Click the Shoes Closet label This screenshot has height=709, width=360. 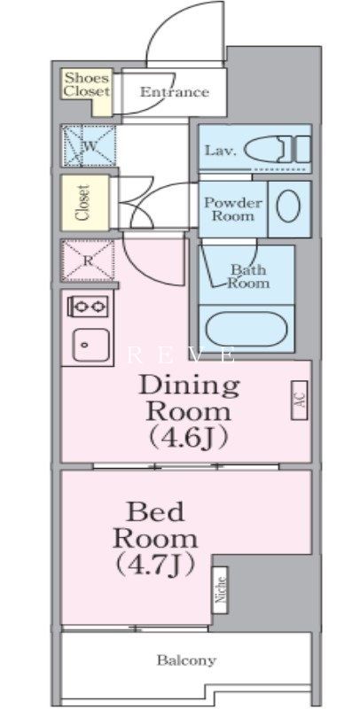pyautogui.click(x=86, y=84)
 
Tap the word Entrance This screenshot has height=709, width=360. pyautogui.click(x=174, y=92)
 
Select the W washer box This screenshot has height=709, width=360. pyautogui.click(x=89, y=146)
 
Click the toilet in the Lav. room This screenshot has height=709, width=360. pyautogui.click(x=278, y=149)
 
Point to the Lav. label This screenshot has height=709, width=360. pyautogui.click(x=220, y=150)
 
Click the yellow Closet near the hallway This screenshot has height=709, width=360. pyautogui.click(x=85, y=203)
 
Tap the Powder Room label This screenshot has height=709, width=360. pyautogui.click(x=233, y=209)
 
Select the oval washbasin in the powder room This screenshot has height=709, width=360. pyautogui.click(x=288, y=206)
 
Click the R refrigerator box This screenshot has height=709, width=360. pyautogui.click(x=88, y=261)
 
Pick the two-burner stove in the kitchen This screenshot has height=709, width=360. pyautogui.click(x=88, y=307)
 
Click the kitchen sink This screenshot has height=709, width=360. pyautogui.click(x=91, y=345)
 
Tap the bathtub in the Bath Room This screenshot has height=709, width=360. pyautogui.click(x=246, y=329)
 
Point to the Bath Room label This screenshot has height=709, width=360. pyautogui.click(x=248, y=277)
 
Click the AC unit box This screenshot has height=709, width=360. pyautogui.click(x=300, y=401)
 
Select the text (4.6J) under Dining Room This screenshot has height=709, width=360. pyautogui.click(x=188, y=437)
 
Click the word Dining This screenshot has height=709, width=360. pyautogui.click(x=189, y=386)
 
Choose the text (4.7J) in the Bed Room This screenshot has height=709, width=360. pyautogui.click(x=155, y=565)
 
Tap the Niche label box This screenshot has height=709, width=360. pyautogui.click(x=220, y=589)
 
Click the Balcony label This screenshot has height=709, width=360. pyautogui.click(x=186, y=660)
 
